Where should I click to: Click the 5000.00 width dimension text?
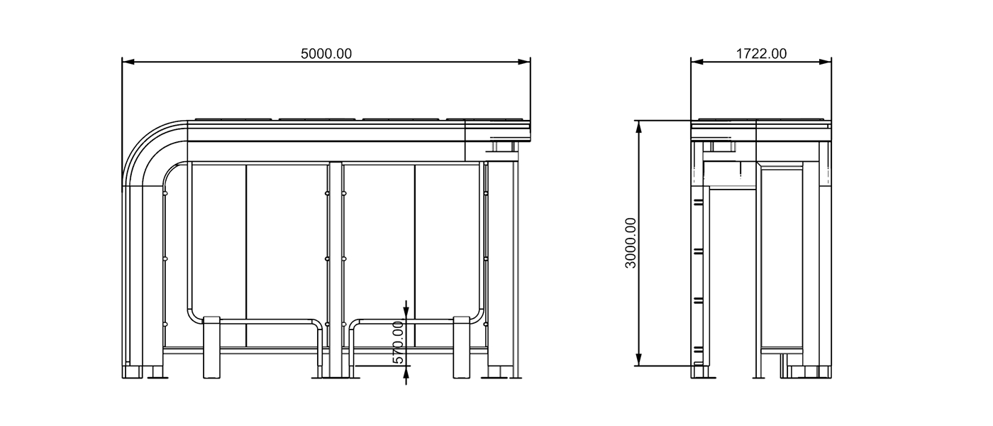point(326,54)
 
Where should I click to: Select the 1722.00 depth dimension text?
point(761,54)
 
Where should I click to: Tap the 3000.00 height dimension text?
point(631,243)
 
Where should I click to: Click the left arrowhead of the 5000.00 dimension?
point(128,62)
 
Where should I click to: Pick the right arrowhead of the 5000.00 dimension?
point(525,62)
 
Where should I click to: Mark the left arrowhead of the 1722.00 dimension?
point(697,62)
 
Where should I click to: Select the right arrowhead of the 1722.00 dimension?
point(826,62)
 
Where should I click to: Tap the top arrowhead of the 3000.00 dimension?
point(638,126)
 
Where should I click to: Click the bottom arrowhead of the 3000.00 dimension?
point(638,361)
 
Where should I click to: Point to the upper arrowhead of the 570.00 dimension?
point(406,312)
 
